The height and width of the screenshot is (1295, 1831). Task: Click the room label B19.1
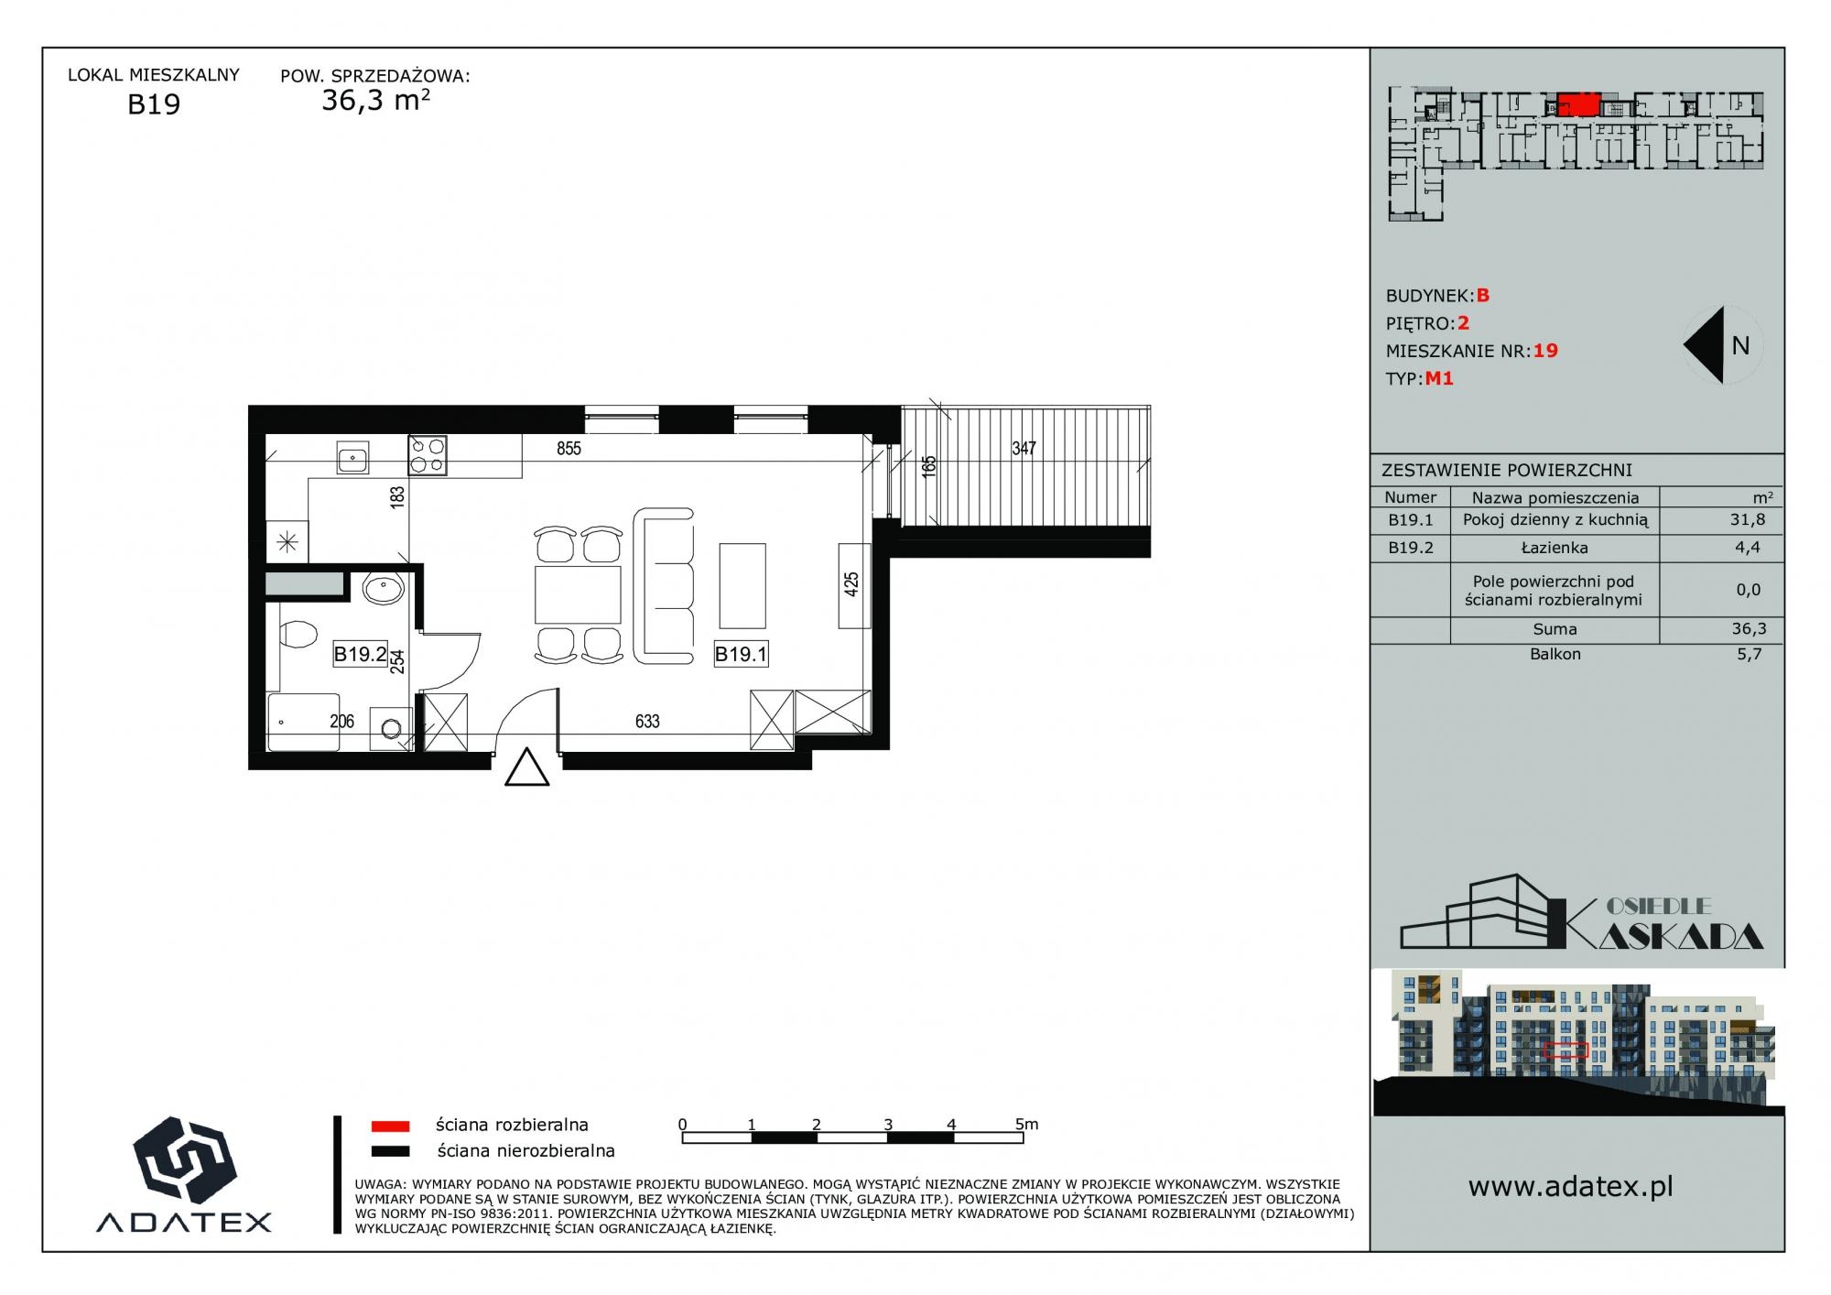click(741, 654)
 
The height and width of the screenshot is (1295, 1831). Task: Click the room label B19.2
click(360, 654)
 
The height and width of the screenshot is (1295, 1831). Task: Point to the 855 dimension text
click(569, 449)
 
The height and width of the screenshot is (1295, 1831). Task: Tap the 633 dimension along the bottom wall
click(647, 722)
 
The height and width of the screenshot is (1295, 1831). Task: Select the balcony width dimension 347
click(1024, 449)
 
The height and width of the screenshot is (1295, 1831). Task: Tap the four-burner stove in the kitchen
click(428, 455)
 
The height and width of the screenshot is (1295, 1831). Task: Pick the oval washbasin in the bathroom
click(383, 589)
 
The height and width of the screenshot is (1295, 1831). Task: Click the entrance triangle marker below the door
click(527, 767)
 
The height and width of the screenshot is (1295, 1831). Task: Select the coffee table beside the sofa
click(742, 585)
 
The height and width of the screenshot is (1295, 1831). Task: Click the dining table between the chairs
click(578, 594)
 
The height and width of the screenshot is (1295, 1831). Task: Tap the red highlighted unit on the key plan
click(1578, 104)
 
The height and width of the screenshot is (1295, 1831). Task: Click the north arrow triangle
click(1705, 344)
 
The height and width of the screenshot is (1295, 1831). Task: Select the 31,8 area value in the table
click(1748, 519)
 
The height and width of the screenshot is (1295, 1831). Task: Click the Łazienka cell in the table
click(1555, 548)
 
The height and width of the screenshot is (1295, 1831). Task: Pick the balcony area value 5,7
click(1749, 655)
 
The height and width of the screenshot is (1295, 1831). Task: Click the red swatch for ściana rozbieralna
click(390, 1126)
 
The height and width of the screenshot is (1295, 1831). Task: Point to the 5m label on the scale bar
click(1026, 1124)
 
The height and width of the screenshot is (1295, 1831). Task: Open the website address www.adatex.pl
click(1570, 1187)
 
